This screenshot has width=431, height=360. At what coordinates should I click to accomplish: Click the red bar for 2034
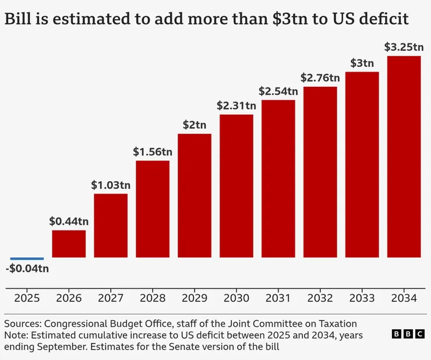coord(404,157)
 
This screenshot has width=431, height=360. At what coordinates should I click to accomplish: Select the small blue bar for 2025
coord(27,258)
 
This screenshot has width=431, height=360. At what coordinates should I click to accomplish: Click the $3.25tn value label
coord(404,47)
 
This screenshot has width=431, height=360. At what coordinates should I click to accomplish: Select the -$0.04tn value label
coord(27,269)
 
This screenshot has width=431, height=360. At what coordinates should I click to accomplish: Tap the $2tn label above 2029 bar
coord(195,125)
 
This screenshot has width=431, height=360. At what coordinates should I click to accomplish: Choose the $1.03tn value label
coord(111,185)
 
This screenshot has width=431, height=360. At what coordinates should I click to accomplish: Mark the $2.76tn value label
coord(320,77)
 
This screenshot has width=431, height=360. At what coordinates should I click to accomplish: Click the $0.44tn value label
coord(69,221)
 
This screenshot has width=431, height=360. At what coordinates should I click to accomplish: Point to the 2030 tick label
coord(236,298)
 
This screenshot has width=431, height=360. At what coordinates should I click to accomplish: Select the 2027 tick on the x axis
coord(111,298)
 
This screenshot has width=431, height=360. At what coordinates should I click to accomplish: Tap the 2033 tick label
coord(362,298)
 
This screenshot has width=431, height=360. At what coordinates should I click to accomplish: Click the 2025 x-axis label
coord(27,298)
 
